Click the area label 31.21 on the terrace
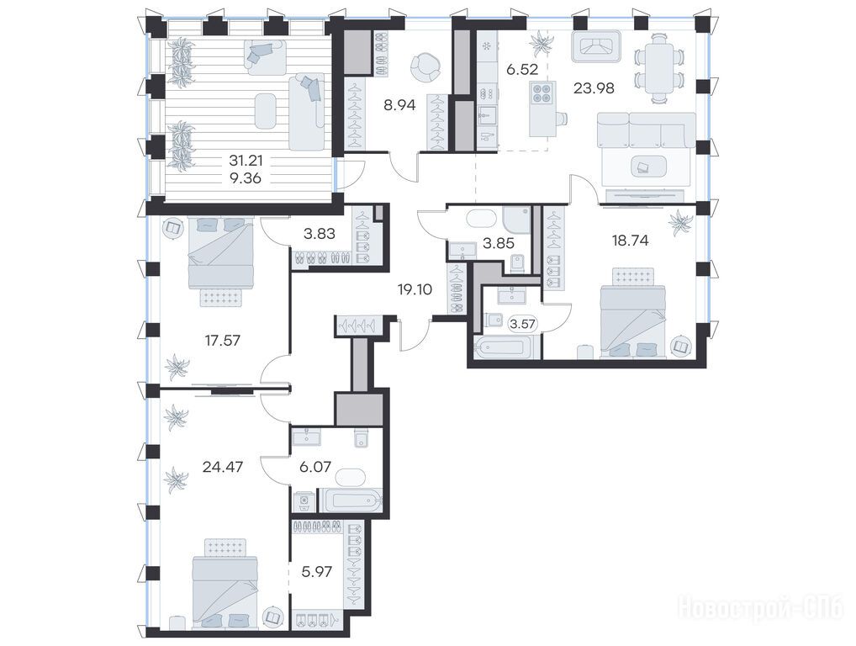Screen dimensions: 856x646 pyautogui.click(x=246, y=161)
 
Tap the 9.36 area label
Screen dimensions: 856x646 pyautogui.click(x=246, y=178)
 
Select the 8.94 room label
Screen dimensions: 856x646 pyautogui.click(x=399, y=105)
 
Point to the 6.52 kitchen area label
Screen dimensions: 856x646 pyautogui.click(x=522, y=69)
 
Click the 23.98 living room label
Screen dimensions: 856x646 pyautogui.click(x=594, y=87)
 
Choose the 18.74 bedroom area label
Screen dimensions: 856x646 pyautogui.click(x=631, y=241)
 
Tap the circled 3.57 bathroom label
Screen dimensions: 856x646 pyautogui.click(x=522, y=324)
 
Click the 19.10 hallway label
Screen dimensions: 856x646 pyautogui.click(x=415, y=289)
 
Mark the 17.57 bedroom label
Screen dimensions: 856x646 pyautogui.click(x=223, y=341)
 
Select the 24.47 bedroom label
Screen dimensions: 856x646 pyautogui.click(x=223, y=467)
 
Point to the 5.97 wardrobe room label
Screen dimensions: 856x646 pyautogui.click(x=317, y=572)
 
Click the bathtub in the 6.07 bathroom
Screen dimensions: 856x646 pyautogui.click(x=351, y=500)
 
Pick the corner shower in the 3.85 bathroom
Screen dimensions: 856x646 pyautogui.click(x=516, y=220)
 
